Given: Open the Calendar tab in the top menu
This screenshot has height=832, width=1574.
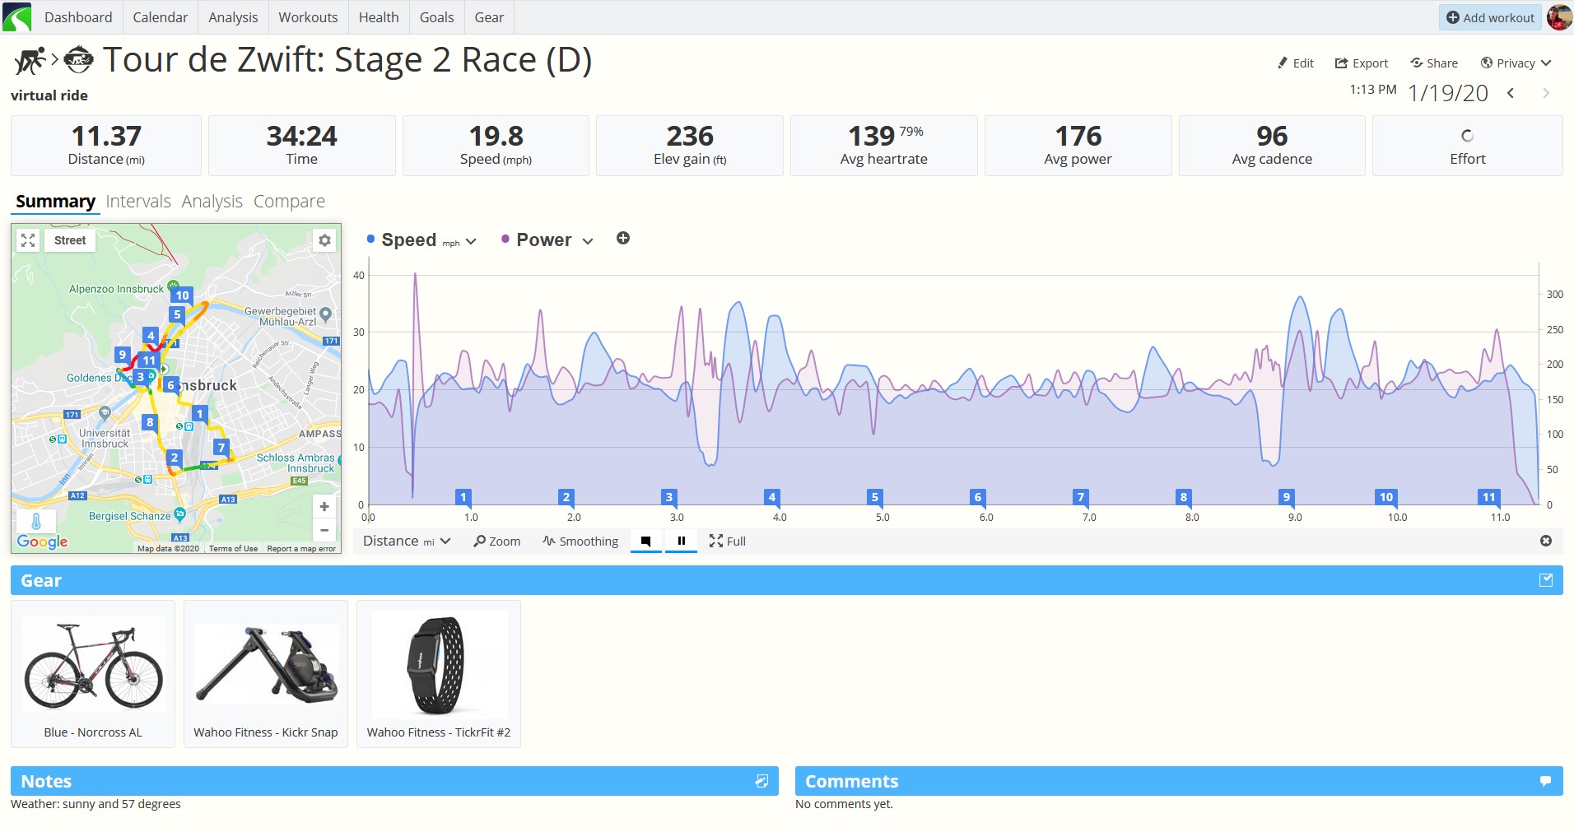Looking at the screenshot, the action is [160, 17].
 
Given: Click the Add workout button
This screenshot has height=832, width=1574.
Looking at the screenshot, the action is [1490, 17].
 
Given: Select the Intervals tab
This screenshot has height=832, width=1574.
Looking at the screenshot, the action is [138, 202].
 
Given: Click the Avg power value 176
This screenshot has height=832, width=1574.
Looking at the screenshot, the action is [1078, 136].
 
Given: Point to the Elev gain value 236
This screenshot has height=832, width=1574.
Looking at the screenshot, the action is [690, 136].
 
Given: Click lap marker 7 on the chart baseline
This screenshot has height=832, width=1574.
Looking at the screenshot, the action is [1080, 497].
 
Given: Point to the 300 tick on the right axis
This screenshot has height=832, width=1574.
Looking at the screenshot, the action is [1554, 294].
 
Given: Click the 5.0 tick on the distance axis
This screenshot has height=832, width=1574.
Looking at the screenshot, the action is [882, 518].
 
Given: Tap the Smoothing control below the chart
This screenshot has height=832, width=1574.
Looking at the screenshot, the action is [580, 541].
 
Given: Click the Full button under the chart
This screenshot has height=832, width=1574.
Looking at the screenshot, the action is [727, 541].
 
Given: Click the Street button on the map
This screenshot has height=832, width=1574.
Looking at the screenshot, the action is [70, 240].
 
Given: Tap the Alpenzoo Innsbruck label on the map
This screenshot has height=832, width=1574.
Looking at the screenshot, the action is [117, 289].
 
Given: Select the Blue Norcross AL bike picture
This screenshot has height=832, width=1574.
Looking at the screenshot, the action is [93, 665].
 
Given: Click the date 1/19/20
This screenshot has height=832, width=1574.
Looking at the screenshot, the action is [1448, 93].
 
